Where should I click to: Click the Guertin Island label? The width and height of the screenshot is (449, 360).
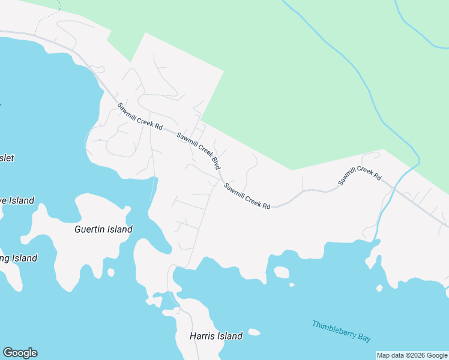[x=103, y=229]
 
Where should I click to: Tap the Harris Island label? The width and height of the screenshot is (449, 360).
[x=216, y=336]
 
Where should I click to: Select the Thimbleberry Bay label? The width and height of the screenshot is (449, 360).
[x=341, y=331]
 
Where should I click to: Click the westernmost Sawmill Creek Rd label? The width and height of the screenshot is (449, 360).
[x=140, y=117]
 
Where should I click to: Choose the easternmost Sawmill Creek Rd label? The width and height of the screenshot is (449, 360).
[x=360, y=175]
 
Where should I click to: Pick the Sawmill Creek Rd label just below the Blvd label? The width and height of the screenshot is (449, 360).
[x=247, y=196]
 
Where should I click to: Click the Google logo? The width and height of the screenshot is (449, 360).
[x=20, y=353]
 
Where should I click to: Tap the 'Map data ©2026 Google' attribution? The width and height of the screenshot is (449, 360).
[x=412, y=355]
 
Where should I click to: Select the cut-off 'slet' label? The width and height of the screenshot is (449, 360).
[x=7, y=158]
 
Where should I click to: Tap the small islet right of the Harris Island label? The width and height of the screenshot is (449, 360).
[x=254, y=332]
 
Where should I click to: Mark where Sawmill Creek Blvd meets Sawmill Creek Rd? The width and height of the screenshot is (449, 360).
[x=221, y=179]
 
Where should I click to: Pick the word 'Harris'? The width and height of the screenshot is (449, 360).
[x=202, y=336]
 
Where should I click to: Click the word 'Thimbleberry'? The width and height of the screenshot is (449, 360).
[x=332, y=329]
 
